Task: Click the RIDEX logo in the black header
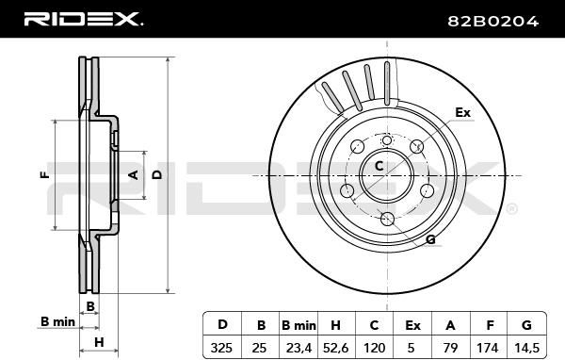pos(83,19)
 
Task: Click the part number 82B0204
pos(492,22)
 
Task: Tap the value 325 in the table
pos(221,348)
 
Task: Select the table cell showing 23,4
pos(299,348)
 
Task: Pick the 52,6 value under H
pos(336,348)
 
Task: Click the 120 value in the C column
pos(375,348)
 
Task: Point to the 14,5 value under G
pos(526,348)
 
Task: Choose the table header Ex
pos(412,325)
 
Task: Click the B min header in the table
pos(299,325)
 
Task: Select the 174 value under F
pos(488,348)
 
